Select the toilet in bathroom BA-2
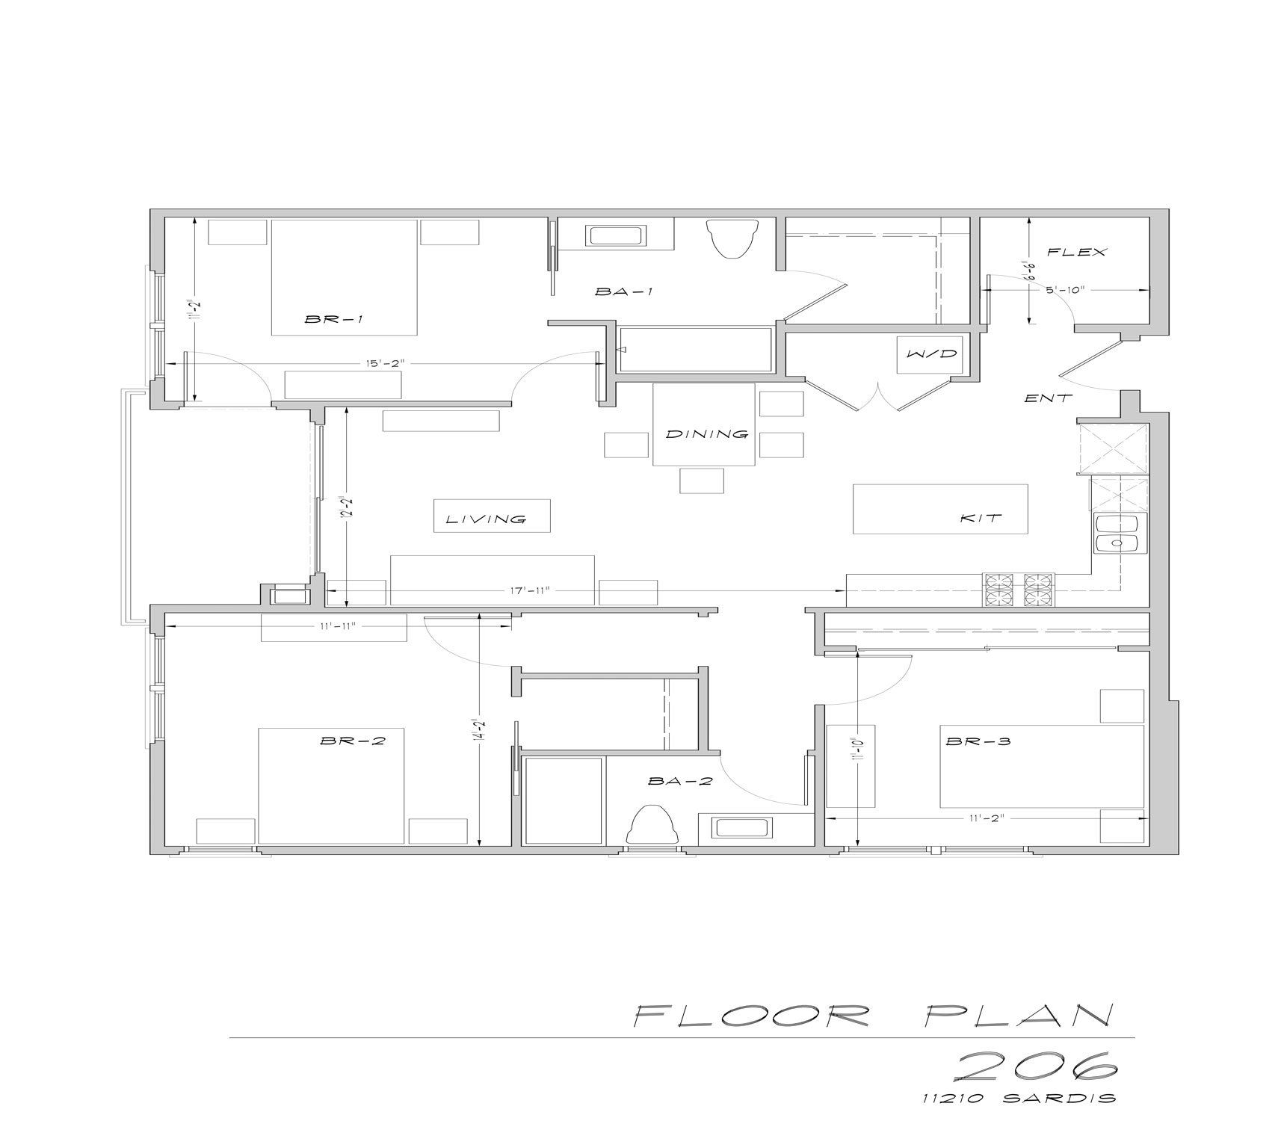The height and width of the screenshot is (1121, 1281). (x=654, y=826)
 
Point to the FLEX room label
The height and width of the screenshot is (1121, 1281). (x=1076, y=253)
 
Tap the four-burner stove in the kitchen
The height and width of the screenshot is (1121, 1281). (x=1019, y=590)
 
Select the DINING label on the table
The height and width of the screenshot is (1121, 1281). (x=706, y=434)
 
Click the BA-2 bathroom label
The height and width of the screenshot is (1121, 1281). (x=680, y=782)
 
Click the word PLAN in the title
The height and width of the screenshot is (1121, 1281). (x=1019, y=1016)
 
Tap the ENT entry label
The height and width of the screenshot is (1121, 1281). (x=1048, y=398)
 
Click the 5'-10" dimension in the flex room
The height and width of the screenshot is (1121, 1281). (x=1065, y=290)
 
